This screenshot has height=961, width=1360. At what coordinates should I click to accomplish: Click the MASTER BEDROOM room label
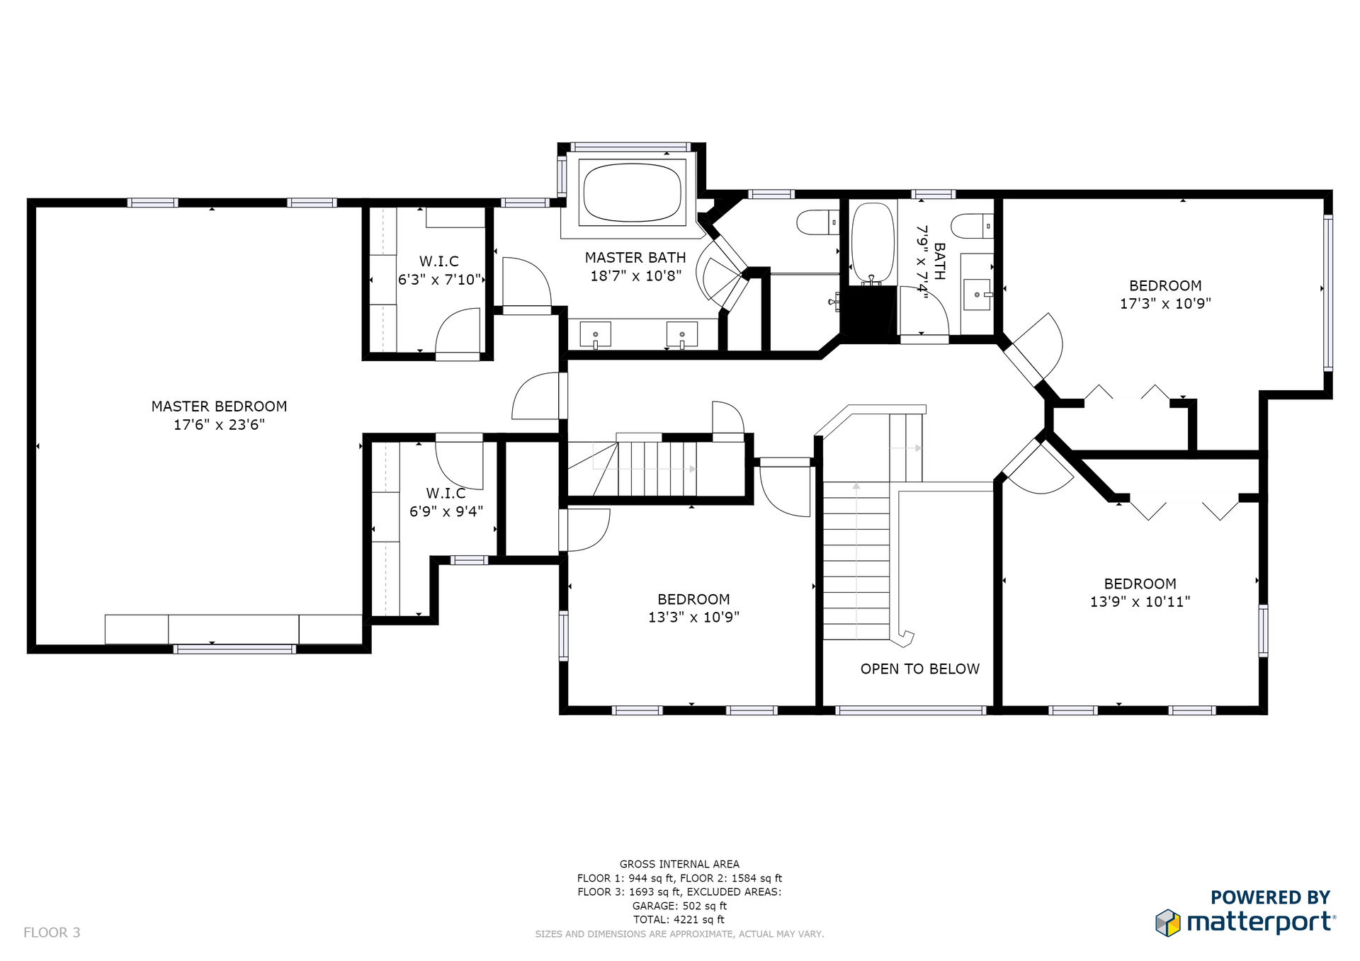coord(219,406)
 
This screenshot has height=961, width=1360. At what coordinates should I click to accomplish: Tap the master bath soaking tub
coord(632,192)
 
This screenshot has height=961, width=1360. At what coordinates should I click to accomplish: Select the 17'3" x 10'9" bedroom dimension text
coord(1165,304)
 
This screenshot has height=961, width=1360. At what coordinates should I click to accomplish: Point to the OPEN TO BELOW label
coord(920,669)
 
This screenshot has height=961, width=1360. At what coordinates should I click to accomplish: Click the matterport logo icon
coord(1168,923)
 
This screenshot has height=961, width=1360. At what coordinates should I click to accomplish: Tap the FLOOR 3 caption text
coord(52,933)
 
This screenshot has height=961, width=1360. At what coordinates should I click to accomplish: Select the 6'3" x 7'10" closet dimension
coord(439,280)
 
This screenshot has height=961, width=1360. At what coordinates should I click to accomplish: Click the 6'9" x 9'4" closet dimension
coord(446,511)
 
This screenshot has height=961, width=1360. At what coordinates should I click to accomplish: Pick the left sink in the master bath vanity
coord(596,334)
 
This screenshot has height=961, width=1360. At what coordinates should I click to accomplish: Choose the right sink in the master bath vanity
coord(682,334)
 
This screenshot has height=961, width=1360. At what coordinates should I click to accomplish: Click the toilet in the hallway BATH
coord(972,226)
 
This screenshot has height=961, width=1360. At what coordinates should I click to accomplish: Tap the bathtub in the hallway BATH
coord(872,243)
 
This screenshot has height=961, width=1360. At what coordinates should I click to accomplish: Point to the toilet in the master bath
coord(818,222)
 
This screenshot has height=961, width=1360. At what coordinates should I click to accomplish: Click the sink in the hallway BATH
coord(977,294)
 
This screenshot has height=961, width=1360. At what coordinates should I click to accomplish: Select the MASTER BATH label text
coord(635,258)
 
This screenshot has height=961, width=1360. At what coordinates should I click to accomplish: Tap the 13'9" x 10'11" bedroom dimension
coord(1140,602)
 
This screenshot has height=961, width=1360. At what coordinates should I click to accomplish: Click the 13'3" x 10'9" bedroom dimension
coord(693,618)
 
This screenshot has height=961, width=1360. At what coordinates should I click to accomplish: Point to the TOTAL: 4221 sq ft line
coord(679,920)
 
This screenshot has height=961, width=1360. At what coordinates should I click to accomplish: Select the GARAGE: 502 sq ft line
coord(679,906)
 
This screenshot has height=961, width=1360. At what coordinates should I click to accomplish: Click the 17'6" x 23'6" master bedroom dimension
coord(219,425)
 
